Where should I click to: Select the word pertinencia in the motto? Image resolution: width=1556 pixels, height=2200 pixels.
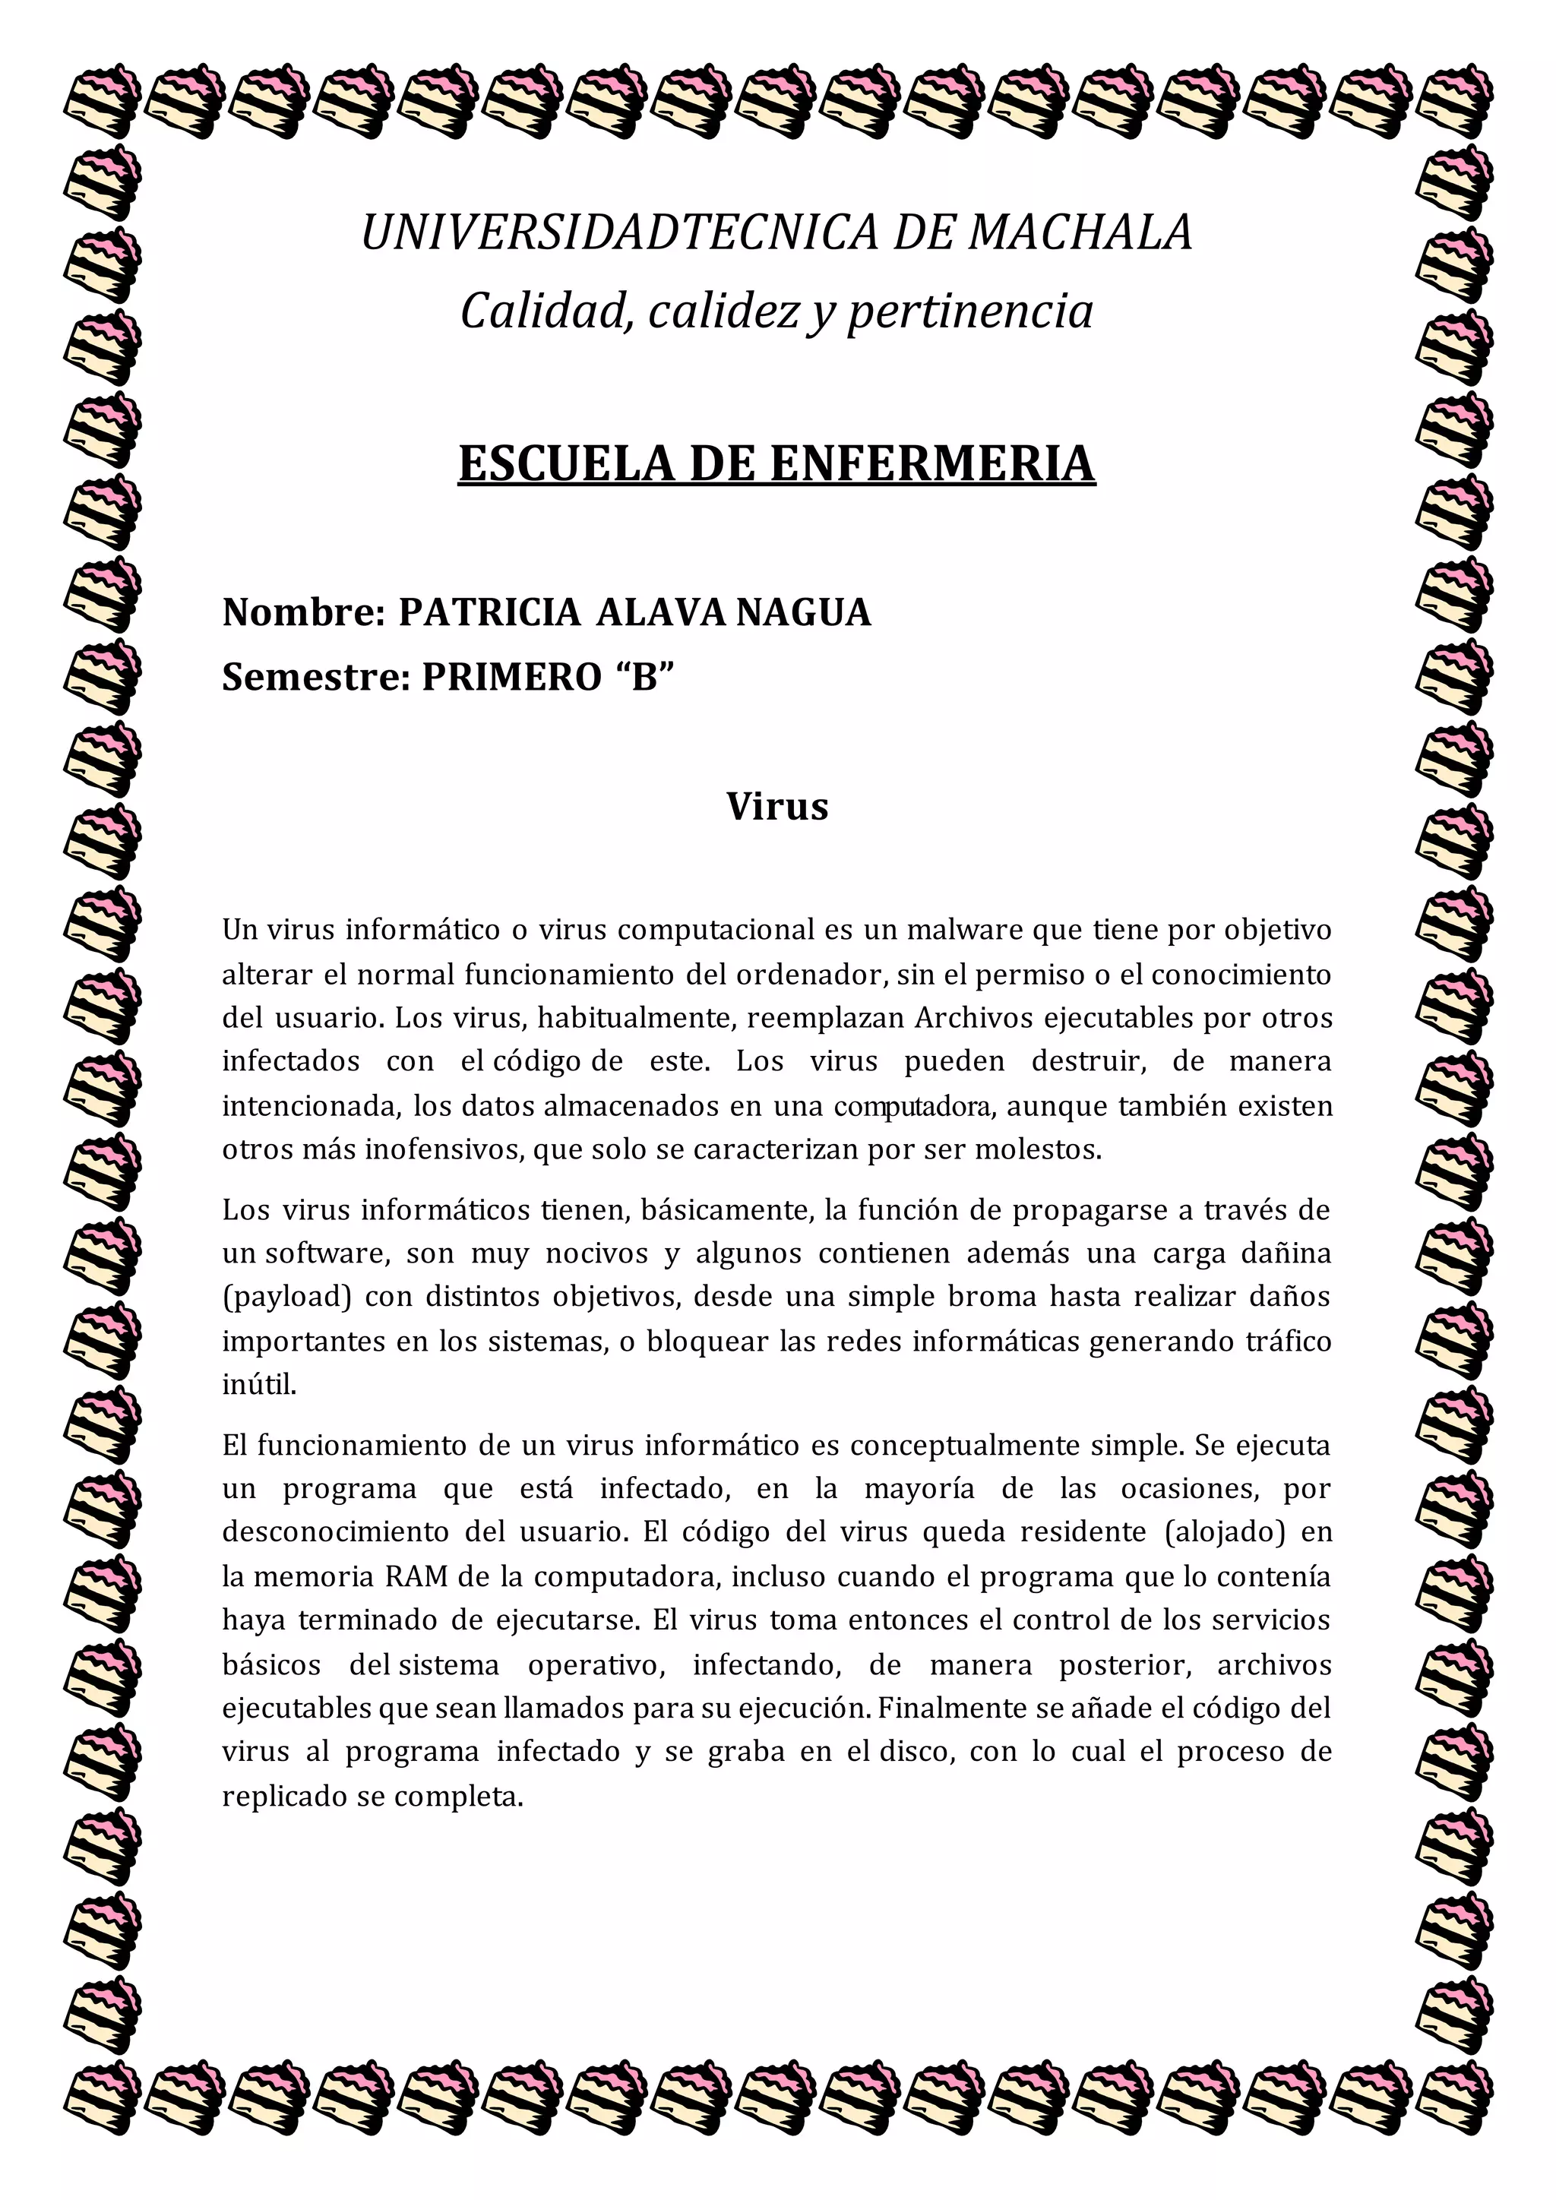969,312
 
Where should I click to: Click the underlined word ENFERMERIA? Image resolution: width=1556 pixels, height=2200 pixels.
931,463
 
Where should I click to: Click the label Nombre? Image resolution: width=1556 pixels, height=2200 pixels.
304,612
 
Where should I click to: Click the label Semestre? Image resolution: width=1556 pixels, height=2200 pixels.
316,678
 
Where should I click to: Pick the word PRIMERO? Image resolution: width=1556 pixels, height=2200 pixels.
511,678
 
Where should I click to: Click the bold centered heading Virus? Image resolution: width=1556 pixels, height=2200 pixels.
777,806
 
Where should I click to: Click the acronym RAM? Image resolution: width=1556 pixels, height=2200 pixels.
417,1576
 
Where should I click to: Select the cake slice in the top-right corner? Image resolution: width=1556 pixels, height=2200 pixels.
1453,100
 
